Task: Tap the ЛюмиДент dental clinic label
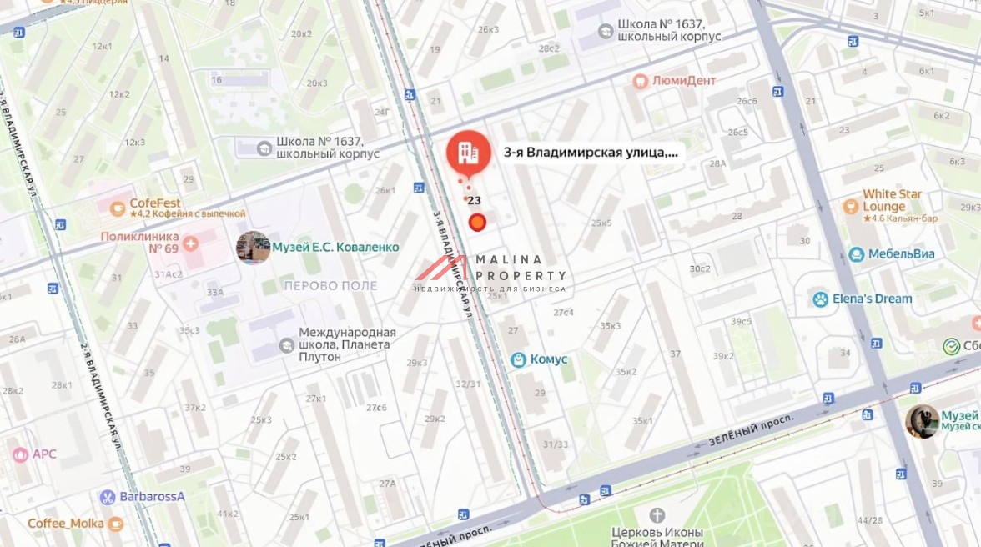685,81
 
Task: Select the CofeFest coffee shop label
155,203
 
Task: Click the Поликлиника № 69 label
140,242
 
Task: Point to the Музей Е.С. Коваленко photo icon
253,248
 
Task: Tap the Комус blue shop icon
519,359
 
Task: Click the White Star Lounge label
893,200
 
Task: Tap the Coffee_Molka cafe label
66,524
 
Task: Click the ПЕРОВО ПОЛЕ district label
330,285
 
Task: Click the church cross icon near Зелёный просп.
657,515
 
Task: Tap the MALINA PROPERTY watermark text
521,268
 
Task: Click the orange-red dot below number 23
477,221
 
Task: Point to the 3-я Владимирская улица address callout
591,153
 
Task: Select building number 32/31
468,384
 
